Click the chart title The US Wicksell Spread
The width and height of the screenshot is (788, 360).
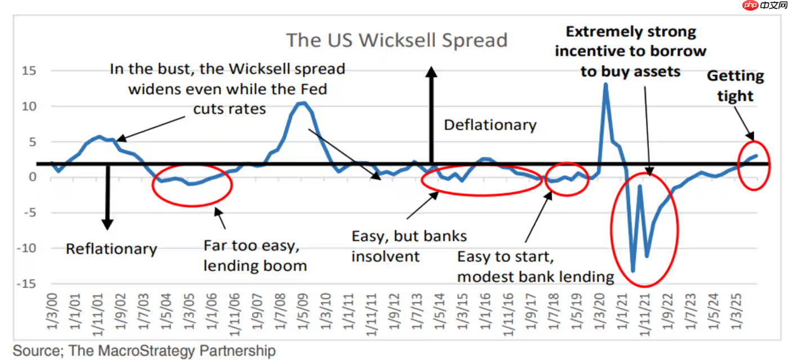(397, 40)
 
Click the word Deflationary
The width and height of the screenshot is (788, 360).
(490, 125)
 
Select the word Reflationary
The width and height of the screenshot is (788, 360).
(111, 249)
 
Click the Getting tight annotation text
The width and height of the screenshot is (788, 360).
(735, 85)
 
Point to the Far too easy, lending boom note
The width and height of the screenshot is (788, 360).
(255, 255)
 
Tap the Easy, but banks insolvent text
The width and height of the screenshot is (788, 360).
(409, 246)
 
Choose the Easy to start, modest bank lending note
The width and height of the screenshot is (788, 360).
(535, 266)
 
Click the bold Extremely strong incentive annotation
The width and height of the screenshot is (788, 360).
(630, 51)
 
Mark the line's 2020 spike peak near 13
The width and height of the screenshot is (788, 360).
(606, 84)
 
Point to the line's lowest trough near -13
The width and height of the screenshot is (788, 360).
(633, 271)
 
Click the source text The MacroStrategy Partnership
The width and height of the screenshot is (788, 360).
(144, 351)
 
